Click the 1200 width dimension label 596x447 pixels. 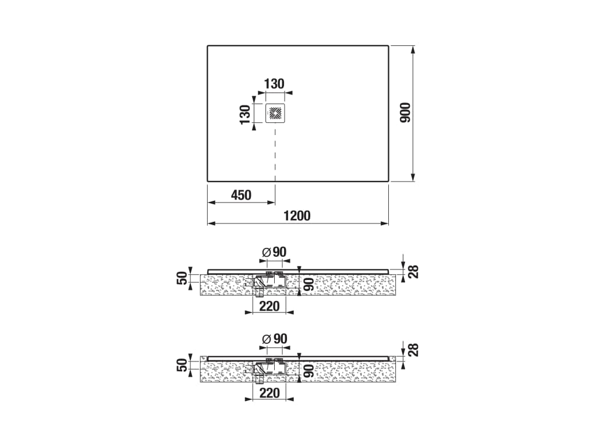(297, 215)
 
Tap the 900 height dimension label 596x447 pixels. (405, 112)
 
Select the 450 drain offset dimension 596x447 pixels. (241, 195)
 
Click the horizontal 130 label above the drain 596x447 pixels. (274, 84)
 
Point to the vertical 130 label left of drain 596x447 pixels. (245, 114)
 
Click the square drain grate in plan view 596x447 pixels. (275, 113)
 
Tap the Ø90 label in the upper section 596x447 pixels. (275, 252)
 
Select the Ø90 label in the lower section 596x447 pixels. (275, 339)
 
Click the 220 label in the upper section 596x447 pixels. (269, 306)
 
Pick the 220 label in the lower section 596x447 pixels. (269, 393)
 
